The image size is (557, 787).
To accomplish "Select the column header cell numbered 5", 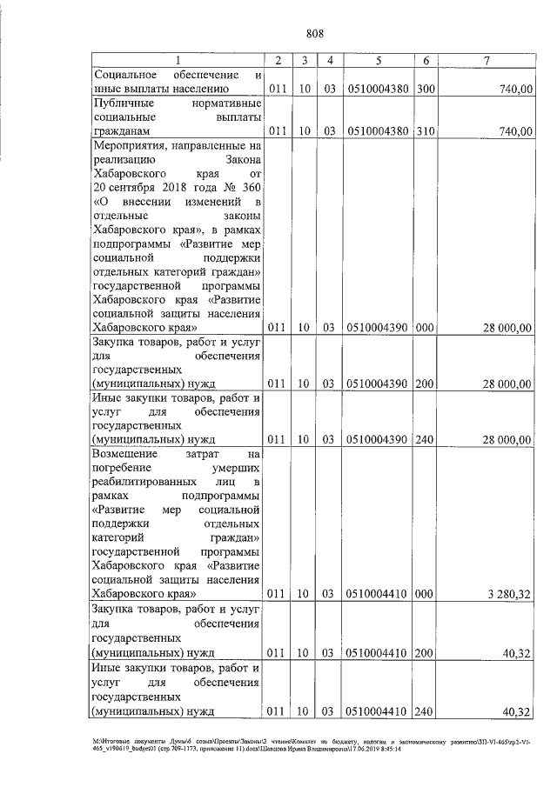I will tap(379, 60).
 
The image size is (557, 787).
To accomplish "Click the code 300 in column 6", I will tap(426, 88).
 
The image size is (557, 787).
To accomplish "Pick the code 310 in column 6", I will tap(426, 131).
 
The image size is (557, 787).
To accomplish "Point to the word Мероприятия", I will tap(132, 145).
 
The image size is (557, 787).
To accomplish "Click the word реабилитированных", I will tap(151, 482).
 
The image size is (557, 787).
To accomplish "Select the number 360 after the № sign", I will tap(249, 188).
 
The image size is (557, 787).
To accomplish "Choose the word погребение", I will tap(125, 468).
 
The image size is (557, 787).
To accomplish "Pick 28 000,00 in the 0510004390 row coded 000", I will tap(506, 328).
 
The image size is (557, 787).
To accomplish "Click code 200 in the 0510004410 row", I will tap(426, 651).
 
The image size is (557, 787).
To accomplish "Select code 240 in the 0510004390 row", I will tap(426, 440).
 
